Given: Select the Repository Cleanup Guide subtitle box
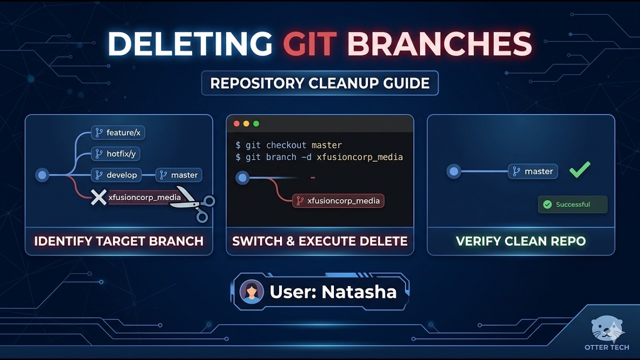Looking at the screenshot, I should tap(319, 83).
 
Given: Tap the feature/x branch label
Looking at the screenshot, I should tap(118, 132).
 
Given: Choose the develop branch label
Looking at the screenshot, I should tap(116, 175).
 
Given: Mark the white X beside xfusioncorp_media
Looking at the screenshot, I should tap(98, 197).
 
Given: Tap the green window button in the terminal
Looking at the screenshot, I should tap(256, 123).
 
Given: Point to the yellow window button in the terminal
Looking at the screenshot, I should tap(246, 123).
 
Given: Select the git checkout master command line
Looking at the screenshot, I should tap(288, 145).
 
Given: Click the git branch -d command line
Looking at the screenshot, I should tap(319, 157).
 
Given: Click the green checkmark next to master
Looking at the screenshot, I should tap(580, 169).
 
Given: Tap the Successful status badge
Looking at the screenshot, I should tap(572, 204).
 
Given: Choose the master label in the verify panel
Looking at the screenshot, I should tap(533, 171).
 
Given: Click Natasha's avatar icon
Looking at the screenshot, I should tap(251, 292).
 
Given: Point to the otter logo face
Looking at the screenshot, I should tap(607, 328).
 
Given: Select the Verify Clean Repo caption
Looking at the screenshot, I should tap(520, 241).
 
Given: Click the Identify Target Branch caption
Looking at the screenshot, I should tap(118, 241).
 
